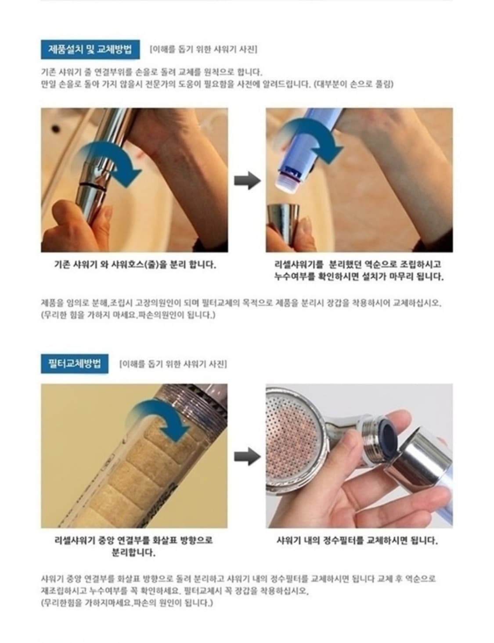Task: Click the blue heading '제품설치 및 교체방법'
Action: coord(90,49)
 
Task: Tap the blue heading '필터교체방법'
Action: coord(74,364)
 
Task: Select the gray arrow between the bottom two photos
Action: coord(247,456)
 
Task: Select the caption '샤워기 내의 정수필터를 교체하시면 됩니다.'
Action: coord(357,540)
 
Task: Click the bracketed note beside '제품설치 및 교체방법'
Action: coord(203,49)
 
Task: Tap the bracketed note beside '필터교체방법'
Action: coord(173,364)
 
